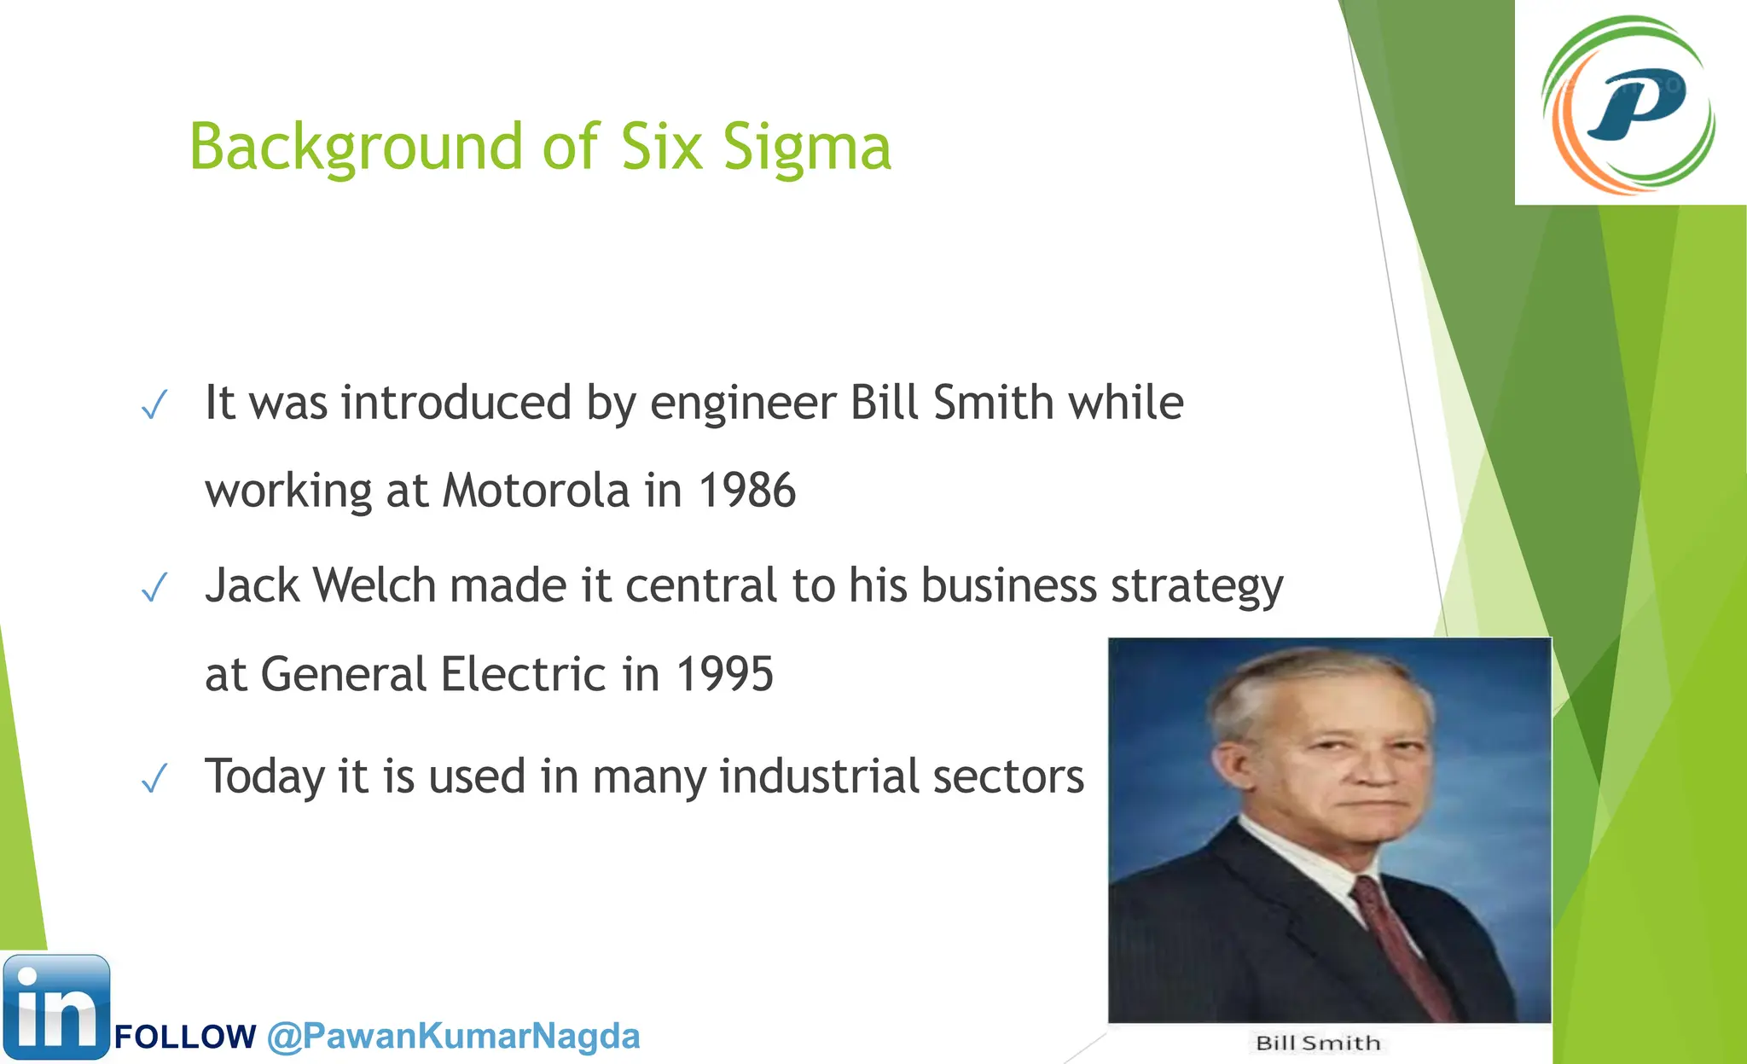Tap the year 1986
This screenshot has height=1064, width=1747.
[747, 491]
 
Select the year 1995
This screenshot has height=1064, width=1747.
[725, 674]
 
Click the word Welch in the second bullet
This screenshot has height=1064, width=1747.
[374, 585]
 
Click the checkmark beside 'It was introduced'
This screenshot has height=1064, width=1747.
[154, 405]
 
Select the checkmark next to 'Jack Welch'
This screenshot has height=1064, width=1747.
[154, 588]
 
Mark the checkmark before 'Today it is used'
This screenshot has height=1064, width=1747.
[154, 778]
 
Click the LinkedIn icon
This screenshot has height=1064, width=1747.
[56, 1007]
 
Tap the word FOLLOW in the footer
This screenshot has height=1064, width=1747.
[185, 1037]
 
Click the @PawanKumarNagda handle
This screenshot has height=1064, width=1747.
[453, 1036]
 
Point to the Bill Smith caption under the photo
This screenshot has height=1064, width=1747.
[1318, 1043]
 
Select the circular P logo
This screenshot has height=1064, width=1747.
[1629, 104]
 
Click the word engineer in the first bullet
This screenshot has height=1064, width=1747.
[743, 403]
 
